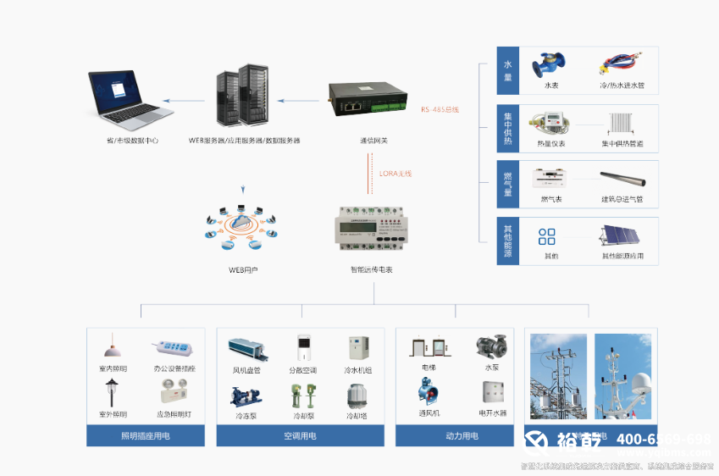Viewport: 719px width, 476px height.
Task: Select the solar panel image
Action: tap(622, 237)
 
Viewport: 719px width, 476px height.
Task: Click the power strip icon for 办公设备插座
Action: tap(173, 348)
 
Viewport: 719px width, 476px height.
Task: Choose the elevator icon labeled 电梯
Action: tap(428, 350)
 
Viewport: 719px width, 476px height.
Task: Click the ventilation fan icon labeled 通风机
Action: tap(428, 393)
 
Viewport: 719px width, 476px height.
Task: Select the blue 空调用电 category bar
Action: tap(300, 436)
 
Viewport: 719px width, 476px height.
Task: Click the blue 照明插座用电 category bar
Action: tap(146, 436)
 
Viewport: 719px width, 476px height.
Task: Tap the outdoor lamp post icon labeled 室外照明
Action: tap(111, 393)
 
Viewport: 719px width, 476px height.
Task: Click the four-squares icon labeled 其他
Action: tap(548, 237)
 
